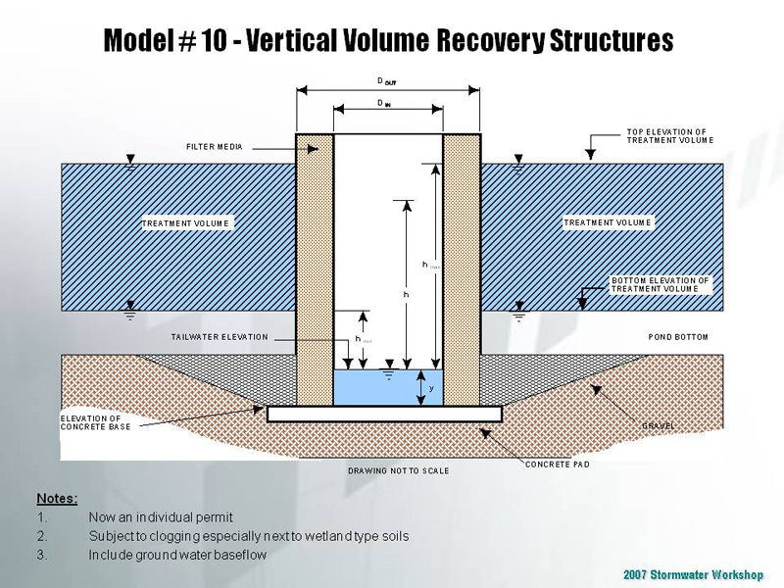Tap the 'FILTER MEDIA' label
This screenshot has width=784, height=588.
(x=215, y=147)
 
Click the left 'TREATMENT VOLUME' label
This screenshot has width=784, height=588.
(x=185, y=223)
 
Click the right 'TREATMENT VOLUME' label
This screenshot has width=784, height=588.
(x=608, y=223)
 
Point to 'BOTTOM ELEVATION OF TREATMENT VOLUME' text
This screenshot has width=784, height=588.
(x=660, y=285)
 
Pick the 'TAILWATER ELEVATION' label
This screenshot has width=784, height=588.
(x=220, y=337)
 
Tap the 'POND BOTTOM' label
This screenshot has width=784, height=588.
(x=678, y=337)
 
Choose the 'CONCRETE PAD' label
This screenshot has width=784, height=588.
(x=558, y=464)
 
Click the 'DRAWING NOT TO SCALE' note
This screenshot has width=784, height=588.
(x=398, y=471)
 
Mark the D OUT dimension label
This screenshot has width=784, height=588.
(x=388, y=82)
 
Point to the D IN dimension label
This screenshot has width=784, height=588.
(x=387, y=102)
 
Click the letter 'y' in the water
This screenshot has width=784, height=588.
(x=431, y=387)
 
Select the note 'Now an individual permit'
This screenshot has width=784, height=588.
(x=161, y=516)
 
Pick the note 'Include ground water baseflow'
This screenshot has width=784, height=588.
(x=177, y=555)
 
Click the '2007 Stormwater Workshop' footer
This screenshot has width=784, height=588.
(x=692, y=574)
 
